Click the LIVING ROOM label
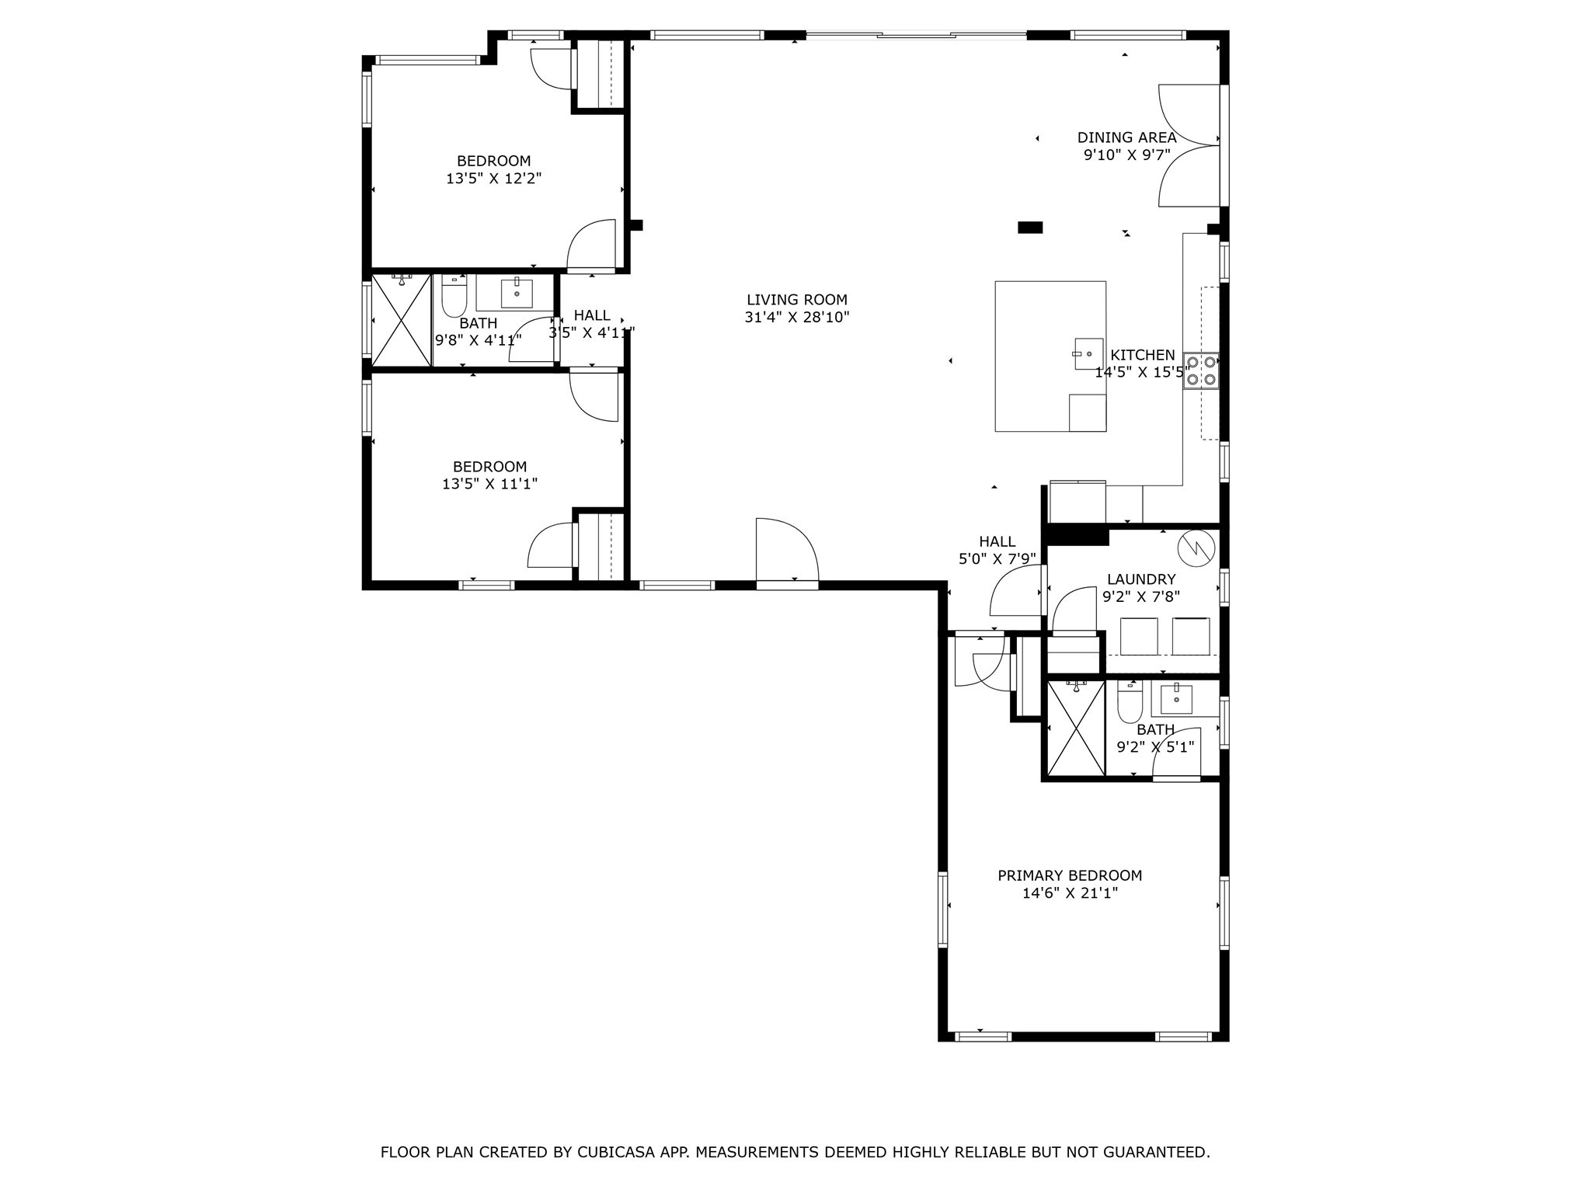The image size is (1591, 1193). tap(796, 300)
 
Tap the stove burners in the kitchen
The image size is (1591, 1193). tap(1200, 371)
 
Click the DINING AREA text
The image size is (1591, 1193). tap(1126, 137)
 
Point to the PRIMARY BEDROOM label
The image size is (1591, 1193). tap(1070, 875)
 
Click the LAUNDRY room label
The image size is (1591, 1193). tap(1140, 579)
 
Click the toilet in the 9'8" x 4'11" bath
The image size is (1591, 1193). tap(454, 297)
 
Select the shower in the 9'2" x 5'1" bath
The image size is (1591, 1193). tap(1076, 728)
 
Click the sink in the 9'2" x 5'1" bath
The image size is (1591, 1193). tap(1178, 699)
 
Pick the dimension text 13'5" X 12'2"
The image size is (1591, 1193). tap(493, 179)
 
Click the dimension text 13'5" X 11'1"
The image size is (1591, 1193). tap(489, 484)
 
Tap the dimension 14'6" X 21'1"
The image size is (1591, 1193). tap(1070, 893)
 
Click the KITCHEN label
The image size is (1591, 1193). tap(1143, 355)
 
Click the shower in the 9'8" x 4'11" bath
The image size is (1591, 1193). tap(401, 319)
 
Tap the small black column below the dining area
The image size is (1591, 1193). tap(1029, 228)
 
